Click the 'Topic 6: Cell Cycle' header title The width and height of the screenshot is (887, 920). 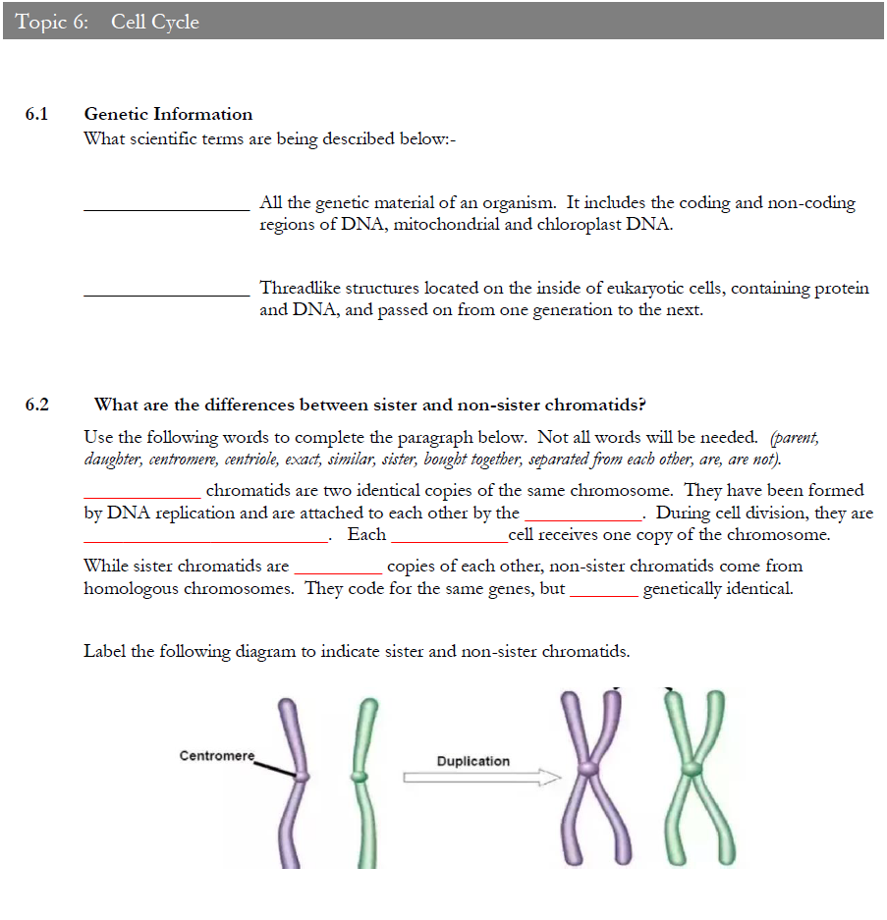107,22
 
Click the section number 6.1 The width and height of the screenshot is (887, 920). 36,114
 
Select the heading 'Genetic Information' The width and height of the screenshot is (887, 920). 168,114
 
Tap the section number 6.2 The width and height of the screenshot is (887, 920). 36,405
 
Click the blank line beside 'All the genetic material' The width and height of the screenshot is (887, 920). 167,207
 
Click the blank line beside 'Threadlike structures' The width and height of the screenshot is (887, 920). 167,293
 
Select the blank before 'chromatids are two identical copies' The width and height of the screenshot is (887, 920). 142,495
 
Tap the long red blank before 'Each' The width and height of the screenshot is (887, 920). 204,540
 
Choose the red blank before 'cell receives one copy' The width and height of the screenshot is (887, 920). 449,540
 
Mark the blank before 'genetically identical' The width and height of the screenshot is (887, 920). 603,594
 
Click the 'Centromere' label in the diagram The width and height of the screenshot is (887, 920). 216,756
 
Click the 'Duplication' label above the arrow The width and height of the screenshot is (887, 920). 473,761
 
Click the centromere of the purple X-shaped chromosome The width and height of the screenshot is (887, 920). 588,768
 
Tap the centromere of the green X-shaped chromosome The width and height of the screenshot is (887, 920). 694,766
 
